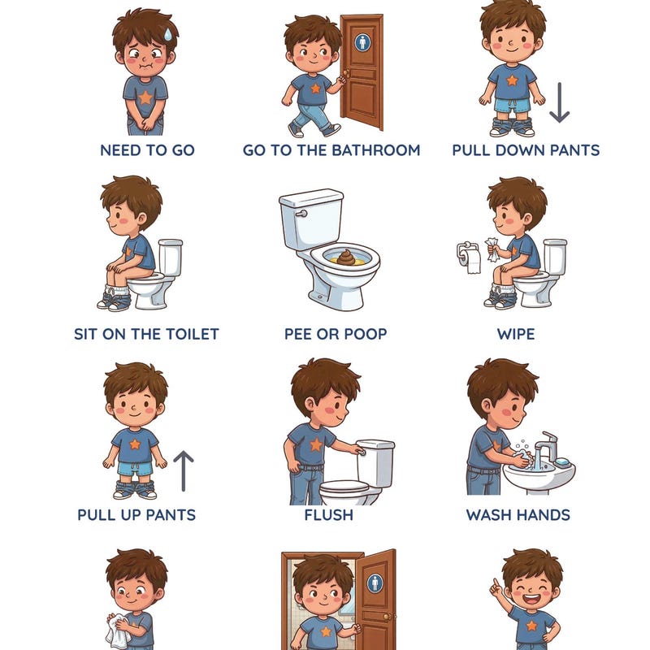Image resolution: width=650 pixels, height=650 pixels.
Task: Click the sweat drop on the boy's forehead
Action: [x=165, y=34]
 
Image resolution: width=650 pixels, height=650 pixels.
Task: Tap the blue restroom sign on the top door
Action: [x=362, y=41]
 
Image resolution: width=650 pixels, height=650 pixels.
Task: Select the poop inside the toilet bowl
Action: [x=346, y=258]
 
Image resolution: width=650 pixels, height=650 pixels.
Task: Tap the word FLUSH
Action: [x=328, y=515]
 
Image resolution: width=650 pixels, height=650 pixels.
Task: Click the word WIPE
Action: [x=516, y=333]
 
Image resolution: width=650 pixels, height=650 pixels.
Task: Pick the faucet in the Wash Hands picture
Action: [x=547, y=445]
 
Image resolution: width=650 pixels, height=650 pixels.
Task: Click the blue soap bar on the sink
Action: [x=561, y=461]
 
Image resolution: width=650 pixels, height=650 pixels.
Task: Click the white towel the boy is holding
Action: [x=119, y=630]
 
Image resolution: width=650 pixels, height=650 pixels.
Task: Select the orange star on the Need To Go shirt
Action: [x=145, y=97]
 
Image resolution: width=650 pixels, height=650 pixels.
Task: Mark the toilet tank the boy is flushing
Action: [x=375, y=461]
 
